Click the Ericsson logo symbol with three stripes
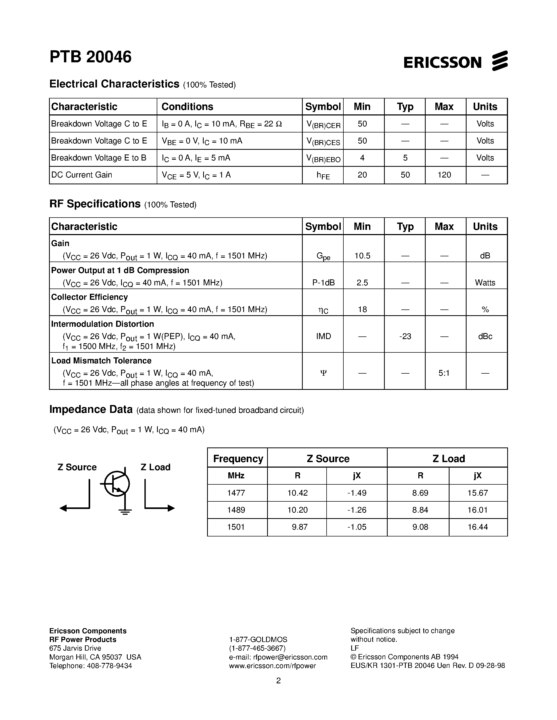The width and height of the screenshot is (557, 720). [500, 61]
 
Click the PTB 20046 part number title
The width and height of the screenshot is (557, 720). [90, 57]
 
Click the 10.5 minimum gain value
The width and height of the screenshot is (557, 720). [362, 256]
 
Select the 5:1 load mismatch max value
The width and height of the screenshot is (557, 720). [444, 373]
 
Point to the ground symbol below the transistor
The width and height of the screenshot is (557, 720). [125, 512]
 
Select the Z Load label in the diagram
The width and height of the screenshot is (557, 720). [155, 467]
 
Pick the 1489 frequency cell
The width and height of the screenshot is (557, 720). [236, 510]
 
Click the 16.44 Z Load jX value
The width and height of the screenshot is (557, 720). [478, 527]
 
